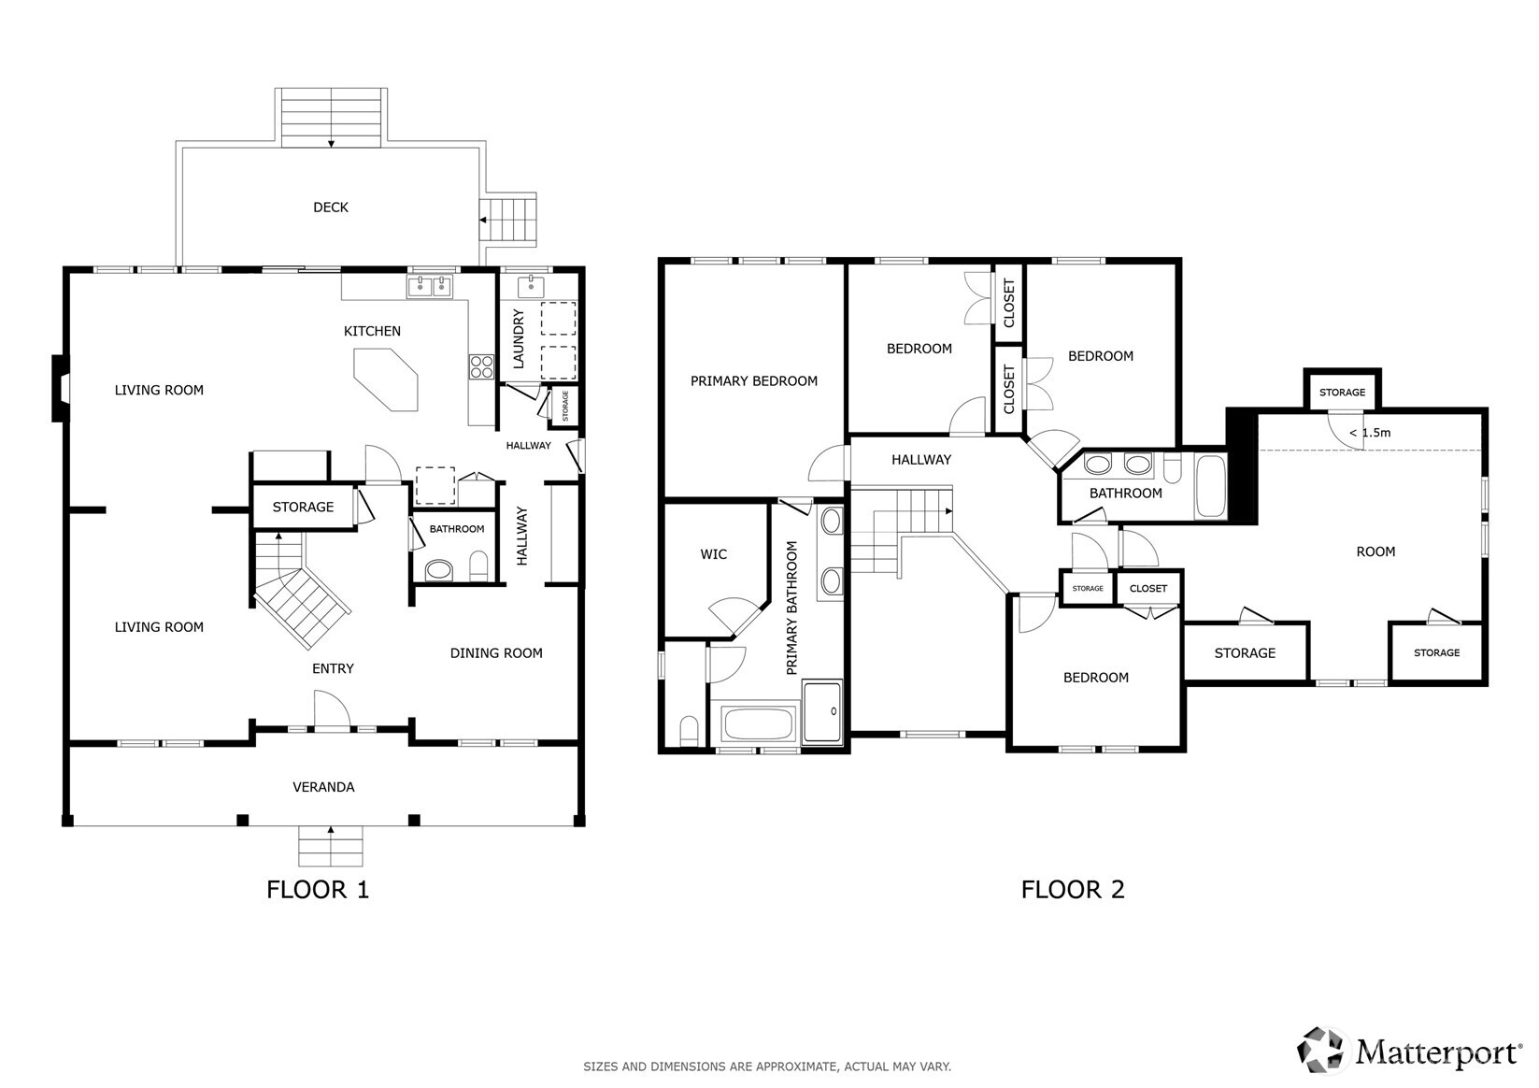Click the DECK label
(331, 208)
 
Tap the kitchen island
(385, 379)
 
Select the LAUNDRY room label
(519, 338)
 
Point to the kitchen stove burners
(481, 366)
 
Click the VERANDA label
(323, 787)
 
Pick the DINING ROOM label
(496, 653)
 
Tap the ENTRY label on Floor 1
(334, 668)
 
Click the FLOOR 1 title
(318, 889)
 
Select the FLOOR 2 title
(1073, 889)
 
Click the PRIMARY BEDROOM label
(754, 380)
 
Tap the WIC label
(713, 554)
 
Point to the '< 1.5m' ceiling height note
(1369, 433)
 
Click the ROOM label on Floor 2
(1375, 551)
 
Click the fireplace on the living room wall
(61, 388)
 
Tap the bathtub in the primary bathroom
(758, 723)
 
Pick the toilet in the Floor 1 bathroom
(478, 566)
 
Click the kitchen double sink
(430, 286)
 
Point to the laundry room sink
(531, 286)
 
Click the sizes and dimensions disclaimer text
(767, 1067)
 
